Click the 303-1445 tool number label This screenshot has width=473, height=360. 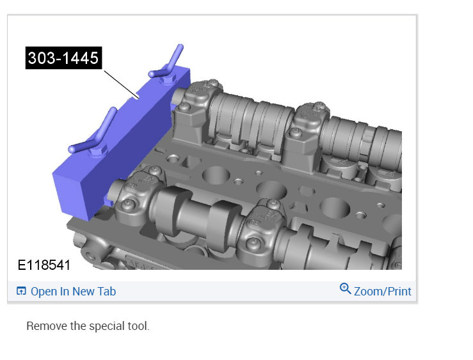[x=63, y=58]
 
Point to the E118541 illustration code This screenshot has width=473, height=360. [x=44, y=265]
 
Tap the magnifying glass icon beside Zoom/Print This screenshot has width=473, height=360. [x=345, y=288]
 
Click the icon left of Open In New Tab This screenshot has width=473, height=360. [x=21, y=291]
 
